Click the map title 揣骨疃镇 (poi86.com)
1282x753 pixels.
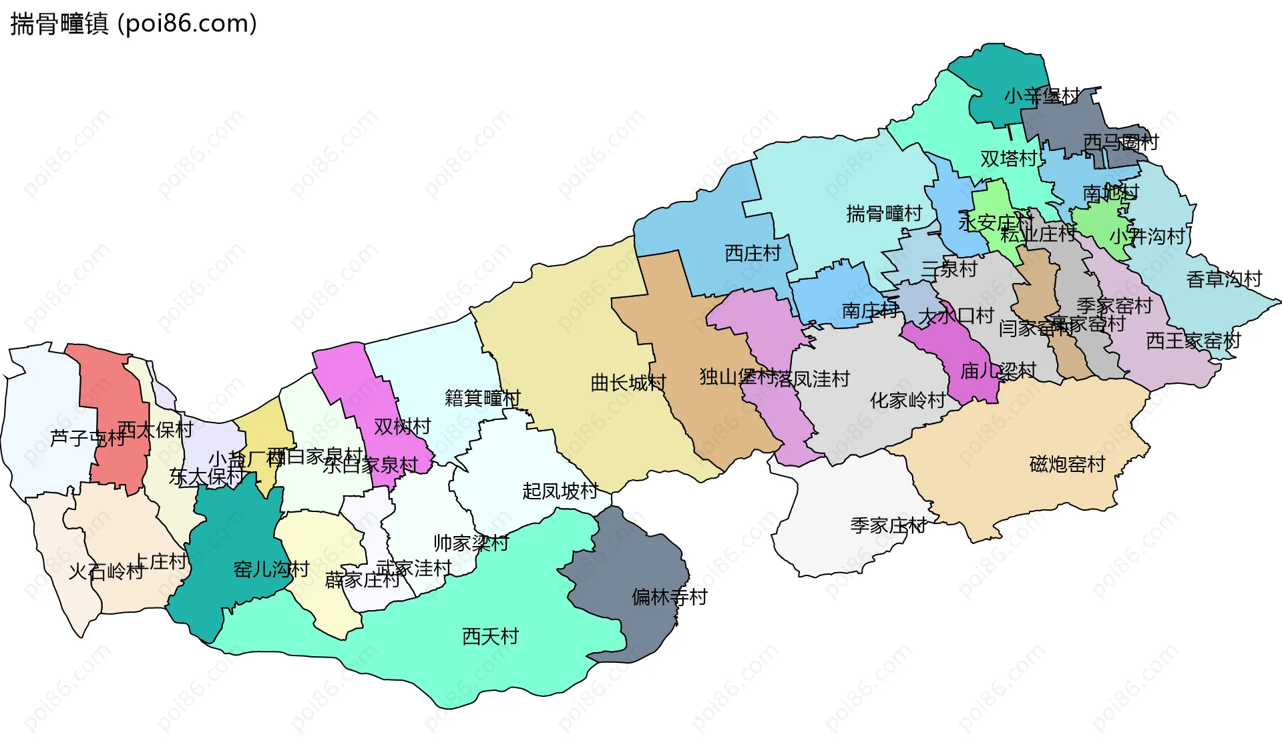(x=134, y=24)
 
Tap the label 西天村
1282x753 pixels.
(x=490, y=636)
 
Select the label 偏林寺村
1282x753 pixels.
(x=669, y=597)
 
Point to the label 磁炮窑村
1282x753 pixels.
(x=1067, y=465)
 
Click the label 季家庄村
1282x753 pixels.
(x=888, y=526)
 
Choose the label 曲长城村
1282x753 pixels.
(x=628, y=383)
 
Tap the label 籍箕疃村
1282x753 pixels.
(x=482, y=399)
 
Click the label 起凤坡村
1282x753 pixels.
(x=560, y=491)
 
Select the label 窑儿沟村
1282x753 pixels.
(x=271, y=569)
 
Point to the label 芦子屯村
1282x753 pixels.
(x=87, y=439)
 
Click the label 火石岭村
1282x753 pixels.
(x=106, y=572)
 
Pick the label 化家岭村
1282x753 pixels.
(x=907, y=401)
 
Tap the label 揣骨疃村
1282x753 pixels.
(x=884, y=214)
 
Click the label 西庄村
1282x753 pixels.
(x=753, y=254)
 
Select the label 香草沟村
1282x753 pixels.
(x=1224, y=279)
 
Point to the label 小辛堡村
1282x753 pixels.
(x=1042, y=97)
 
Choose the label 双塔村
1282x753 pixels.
(x=1008, y=159)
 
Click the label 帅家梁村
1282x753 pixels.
(x=471, y=543)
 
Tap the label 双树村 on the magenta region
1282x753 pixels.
(x=402, y=427)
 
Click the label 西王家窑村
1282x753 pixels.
(x=1193, y=341)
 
